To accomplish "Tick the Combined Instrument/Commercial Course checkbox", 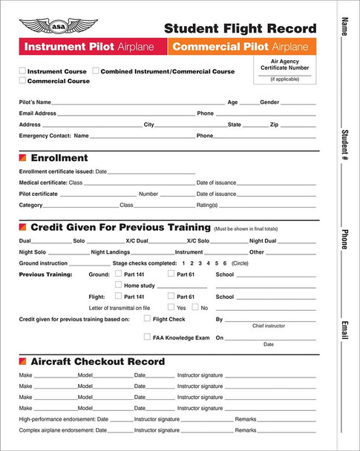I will [x=96, y=71].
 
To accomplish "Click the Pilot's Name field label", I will [x=35, y=102].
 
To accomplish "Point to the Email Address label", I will [x=37, y=113].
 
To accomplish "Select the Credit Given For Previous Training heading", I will [x=119, y=228].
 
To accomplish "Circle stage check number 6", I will [x=224, y=263].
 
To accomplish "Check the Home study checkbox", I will [x=118, y=285].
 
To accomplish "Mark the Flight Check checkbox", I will [x=146, y=319].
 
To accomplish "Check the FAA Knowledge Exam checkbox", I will [x=146, y=337].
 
